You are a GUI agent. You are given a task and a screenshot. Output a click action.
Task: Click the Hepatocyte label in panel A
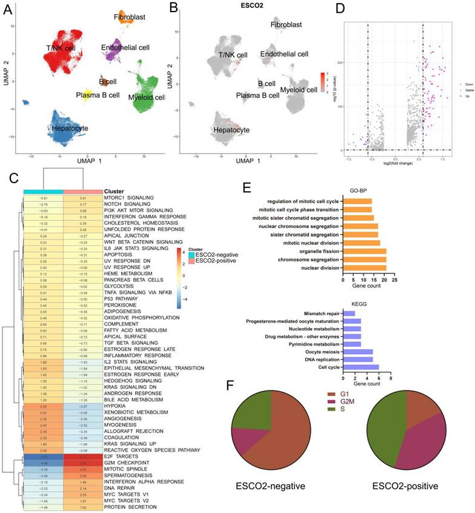[x=70, y=129]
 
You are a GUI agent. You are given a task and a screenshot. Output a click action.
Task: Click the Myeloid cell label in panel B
[x=298, y=90]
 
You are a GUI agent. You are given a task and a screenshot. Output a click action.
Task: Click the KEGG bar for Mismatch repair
[x=350, y=313]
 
